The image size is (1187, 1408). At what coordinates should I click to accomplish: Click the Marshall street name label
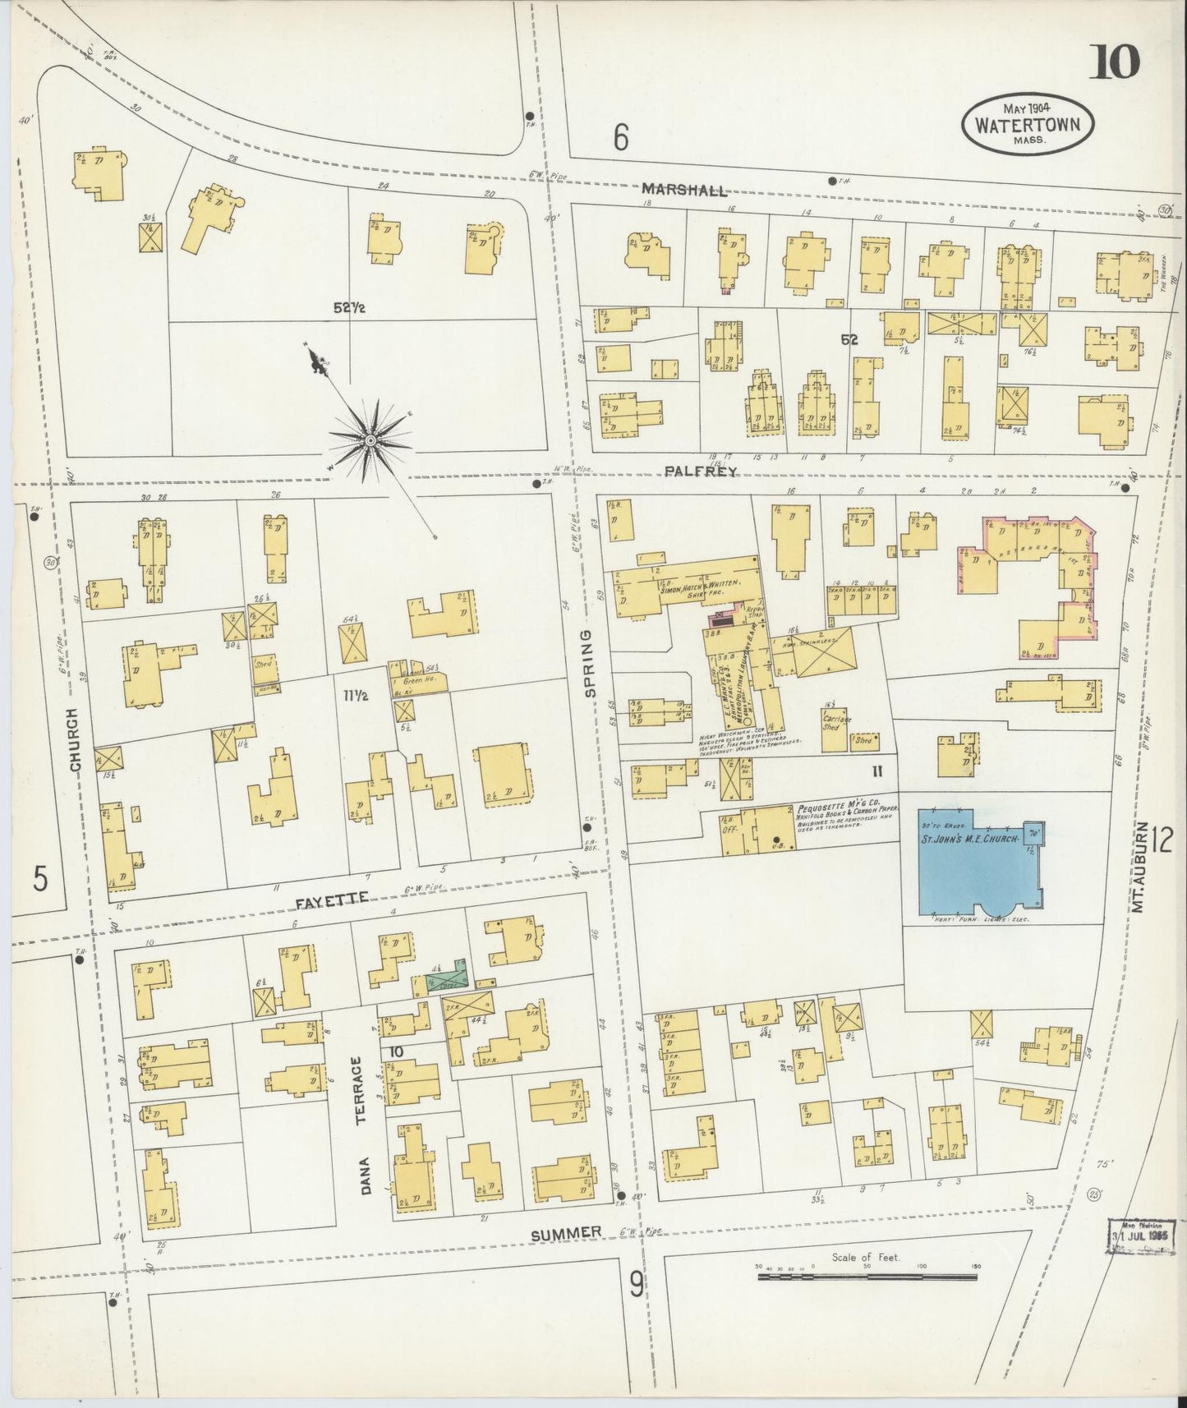point(684,191)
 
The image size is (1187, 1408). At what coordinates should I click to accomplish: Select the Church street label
point(76,740)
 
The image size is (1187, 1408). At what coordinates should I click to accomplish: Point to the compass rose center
point(370,441)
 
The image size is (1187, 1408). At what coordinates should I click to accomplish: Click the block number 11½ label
point(355,697)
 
